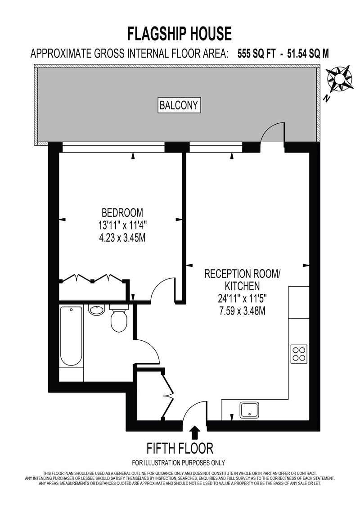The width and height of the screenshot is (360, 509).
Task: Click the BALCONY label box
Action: pyautogui.click(x=179, y=105)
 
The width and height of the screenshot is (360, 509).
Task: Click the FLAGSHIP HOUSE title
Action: pyautogui.click(x=180, y=34)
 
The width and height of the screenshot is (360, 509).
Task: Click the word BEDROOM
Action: pyautogui.click(x=122, y=212)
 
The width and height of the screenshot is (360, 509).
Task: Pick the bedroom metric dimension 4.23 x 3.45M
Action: pyautogui.click(x=122, y=238)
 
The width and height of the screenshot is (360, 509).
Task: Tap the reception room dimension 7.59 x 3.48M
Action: pyautogui.click(x=242, y=311)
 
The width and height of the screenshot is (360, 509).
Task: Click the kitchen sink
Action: pyautogui.click(x=249, y=410)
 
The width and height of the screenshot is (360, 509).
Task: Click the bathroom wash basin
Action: pyautogui.click(x=96, y=310)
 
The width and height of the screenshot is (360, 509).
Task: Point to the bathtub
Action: pyautogui.click(x=71, y=336)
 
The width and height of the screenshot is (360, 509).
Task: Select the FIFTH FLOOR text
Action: pyautogui.click(x=180, y=448)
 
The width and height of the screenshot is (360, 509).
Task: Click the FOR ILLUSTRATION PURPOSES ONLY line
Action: pyautogui.click(x=179, y=463)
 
